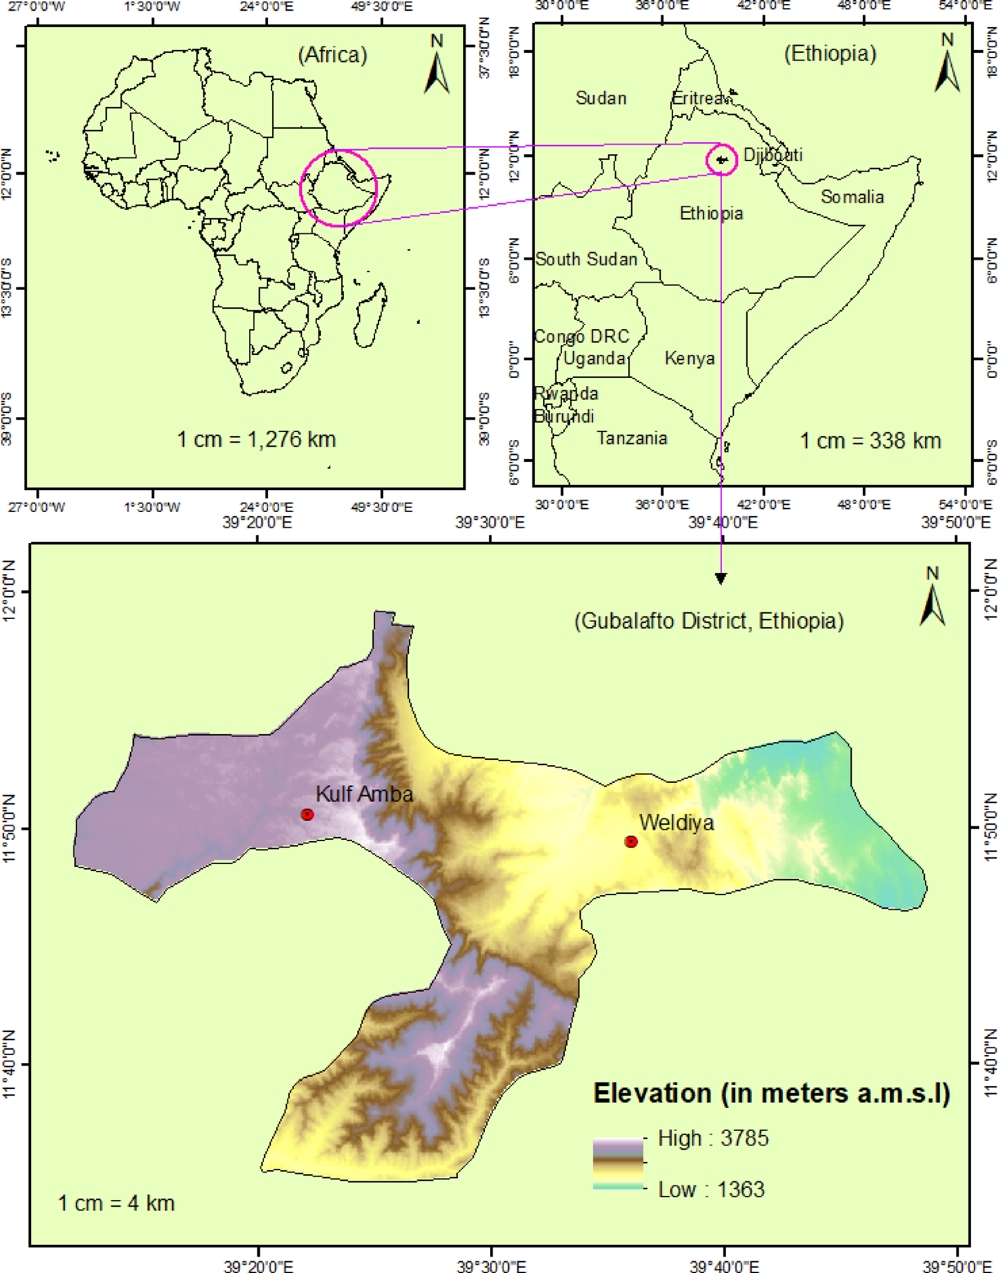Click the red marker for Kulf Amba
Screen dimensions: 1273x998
(x=307, y=814)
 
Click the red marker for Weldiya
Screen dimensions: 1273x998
(x=631, y=842)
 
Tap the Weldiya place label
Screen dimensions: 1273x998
(x=676, y=822)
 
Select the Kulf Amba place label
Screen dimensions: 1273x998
(x=364, y=794)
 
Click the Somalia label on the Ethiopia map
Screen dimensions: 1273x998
(x=852, y=197)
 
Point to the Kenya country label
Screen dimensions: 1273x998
(x=689, y=358)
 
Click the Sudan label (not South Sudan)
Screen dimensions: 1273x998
(x=601, y=98)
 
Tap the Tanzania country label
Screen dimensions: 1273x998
(x=632, y=438)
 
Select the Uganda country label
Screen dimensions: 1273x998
(x=594, y=358)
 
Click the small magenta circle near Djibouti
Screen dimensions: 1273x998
(x=722, y=159)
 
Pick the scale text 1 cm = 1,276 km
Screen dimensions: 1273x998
(x=256, y=439)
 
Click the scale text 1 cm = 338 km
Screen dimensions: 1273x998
(x=870, y=440)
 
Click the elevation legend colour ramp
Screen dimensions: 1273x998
(x=618, y=1164)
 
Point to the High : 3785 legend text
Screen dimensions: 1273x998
(x=712, y=1138)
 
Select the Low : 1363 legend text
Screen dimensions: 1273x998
(x=711, y=1189)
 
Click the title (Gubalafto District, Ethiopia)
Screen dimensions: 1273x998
(x=708, y=621)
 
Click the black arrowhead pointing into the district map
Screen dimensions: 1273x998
(x=721, y=578)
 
